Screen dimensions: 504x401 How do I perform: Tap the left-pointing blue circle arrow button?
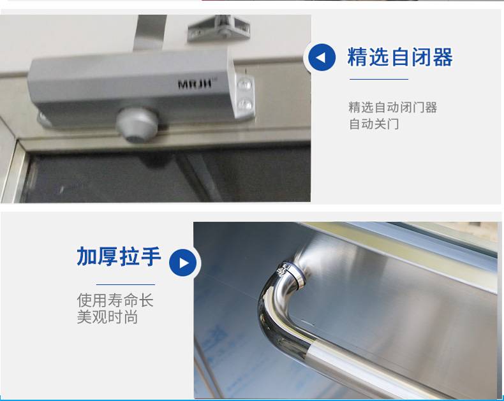(322, 57)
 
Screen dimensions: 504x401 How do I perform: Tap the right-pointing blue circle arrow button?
(183, 263)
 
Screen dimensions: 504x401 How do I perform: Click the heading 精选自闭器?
(400, 57)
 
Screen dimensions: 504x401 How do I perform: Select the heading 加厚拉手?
(119, 256)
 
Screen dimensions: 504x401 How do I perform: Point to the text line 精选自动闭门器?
(393, 107)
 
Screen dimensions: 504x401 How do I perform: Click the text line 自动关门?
(374, 124)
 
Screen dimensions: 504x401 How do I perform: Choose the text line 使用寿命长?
(115, 300)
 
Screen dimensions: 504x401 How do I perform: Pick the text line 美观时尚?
(107, 317)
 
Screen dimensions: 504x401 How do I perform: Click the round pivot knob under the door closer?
(137, 125)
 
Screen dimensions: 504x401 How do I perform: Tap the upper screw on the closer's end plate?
(244, 85)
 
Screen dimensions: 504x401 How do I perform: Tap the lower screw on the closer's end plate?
(244, 105)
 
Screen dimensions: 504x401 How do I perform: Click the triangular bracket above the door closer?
(219, 29)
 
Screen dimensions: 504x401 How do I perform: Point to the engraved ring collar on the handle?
(291, 274)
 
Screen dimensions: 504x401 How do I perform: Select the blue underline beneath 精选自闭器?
(379, 79)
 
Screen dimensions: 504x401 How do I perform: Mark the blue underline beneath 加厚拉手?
(125, 284)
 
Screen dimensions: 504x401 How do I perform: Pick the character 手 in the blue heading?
(151, 256)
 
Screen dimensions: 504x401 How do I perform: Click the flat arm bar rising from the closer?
(149, 33)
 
